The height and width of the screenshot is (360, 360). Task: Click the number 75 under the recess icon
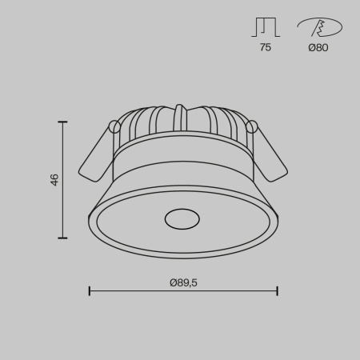[x=265, y=48]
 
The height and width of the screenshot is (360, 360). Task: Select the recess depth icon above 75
[x=265, y=27]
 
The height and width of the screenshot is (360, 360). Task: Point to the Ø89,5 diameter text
[x=183, y=282]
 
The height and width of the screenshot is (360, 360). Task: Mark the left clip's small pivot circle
[x=114, y=126]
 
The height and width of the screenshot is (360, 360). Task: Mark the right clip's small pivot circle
[x=253, y=126]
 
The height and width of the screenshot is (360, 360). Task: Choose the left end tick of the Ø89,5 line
[x=89, y=291]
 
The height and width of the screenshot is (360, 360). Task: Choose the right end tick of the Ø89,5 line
[x=277, y=291]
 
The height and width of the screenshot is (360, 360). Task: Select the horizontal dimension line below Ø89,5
[x=183, y=291]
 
